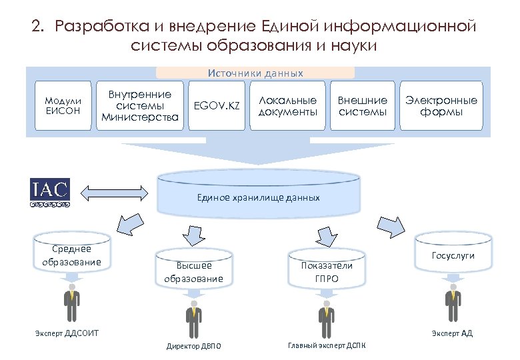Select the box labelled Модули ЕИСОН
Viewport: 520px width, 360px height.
[63, 105]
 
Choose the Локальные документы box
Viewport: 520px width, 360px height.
[287, 105]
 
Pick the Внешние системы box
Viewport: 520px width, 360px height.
[362, 105]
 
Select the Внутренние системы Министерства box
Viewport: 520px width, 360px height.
[139, 105]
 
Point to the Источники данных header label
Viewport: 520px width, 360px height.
[255, 73]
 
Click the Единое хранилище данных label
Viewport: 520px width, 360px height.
[258, 197]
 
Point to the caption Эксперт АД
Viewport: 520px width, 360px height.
[452, 333]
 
